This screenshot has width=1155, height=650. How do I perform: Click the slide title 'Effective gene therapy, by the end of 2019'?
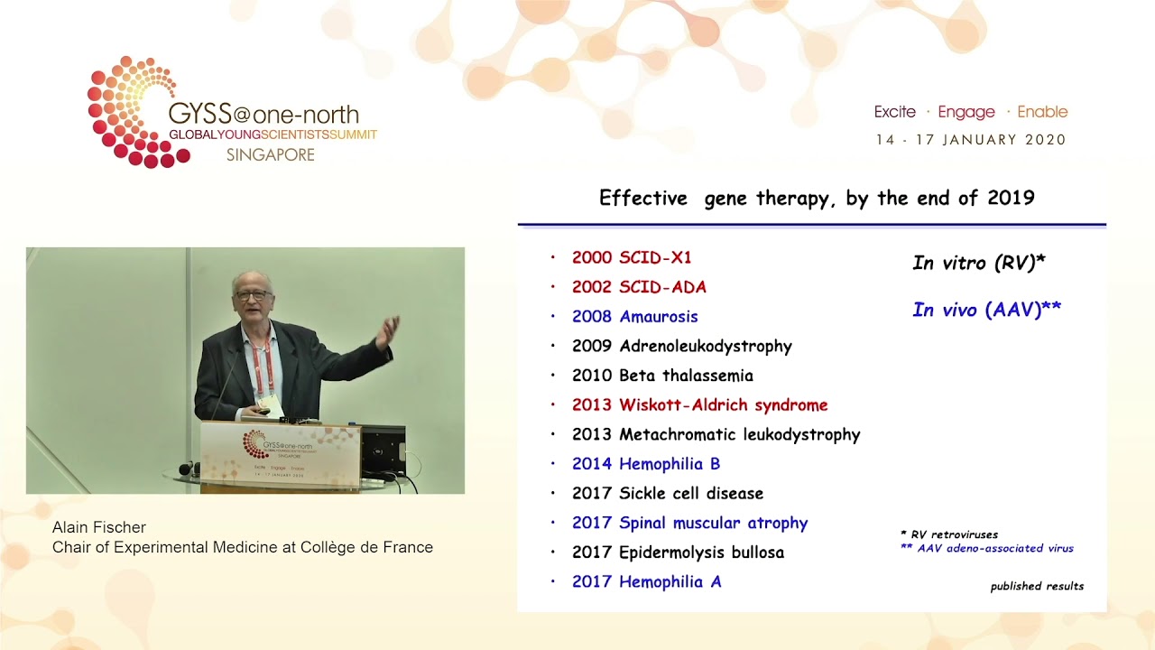click(816, 198)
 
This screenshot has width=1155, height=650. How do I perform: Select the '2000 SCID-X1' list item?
click(632, 257)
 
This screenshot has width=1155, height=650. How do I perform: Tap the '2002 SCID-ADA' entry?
click(639, 287)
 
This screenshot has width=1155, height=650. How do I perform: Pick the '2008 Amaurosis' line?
click(634, 317)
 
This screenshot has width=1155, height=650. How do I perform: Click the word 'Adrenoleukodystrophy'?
click(706, 346)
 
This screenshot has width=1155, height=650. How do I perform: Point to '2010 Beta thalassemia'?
click(662, 376)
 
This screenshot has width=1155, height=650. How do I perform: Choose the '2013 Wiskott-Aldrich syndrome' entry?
click(699, 405)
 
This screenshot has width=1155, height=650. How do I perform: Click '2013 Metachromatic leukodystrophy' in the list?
click(716, 434)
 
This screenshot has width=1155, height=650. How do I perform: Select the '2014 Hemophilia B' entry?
click(646, 464)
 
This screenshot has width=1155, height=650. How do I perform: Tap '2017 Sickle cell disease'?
click(668, 493)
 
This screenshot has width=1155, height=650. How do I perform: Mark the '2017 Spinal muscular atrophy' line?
click(689, 523)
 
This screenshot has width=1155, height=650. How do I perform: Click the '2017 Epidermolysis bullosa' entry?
click(678, 552)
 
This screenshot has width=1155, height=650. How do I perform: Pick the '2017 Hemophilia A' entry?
click(646, 582)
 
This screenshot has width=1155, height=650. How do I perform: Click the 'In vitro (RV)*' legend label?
click(978, 263)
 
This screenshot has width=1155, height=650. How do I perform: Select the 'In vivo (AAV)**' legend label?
click(986, 310)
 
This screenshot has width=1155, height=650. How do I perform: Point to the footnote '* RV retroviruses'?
click(948, 534)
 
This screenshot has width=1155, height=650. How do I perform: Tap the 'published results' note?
click(1037, 587)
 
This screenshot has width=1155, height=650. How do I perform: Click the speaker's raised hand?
click(387, 331)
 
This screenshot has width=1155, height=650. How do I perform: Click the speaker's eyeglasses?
click(250, 295)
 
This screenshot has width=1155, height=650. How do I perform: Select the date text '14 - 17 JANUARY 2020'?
click(971, 140)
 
